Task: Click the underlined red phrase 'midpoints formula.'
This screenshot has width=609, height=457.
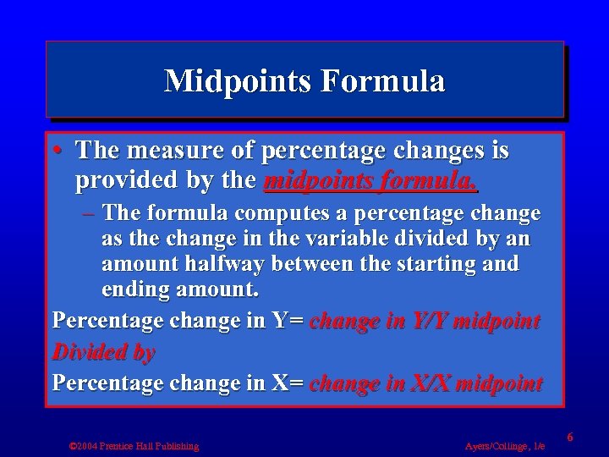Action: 370,180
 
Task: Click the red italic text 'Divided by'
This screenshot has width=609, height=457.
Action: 103,353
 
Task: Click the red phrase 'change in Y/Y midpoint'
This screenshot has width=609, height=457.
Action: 425,321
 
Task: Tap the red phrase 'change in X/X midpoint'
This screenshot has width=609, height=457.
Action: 425,383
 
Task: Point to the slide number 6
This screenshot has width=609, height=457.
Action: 570,437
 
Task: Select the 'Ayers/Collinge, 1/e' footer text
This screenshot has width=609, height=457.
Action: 504,445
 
